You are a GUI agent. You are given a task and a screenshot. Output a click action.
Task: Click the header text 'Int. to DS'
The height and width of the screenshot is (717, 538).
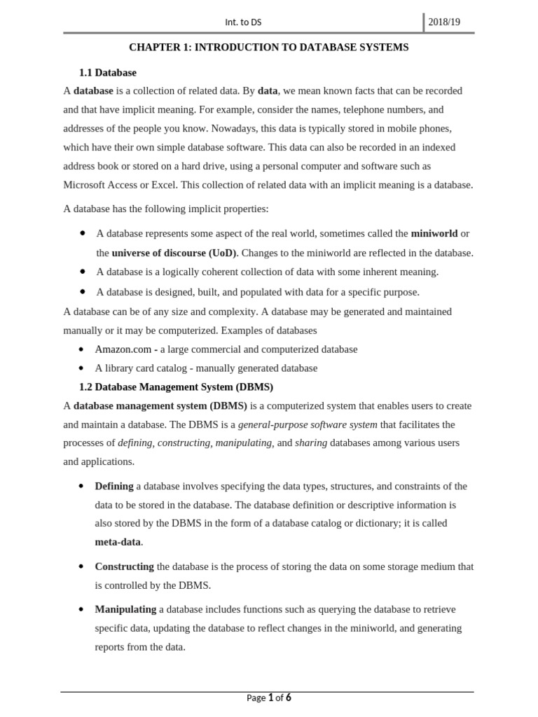[244, 22]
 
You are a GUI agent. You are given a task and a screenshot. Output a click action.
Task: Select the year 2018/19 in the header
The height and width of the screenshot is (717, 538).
[444, 22]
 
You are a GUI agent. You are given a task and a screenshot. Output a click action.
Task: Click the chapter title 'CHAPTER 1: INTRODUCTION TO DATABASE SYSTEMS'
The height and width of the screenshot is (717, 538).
[268, 48]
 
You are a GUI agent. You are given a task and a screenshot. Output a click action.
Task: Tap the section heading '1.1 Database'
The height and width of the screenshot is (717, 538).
[108, 72]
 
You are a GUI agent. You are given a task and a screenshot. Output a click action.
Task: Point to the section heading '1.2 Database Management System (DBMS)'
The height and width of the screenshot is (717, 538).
[176, 387]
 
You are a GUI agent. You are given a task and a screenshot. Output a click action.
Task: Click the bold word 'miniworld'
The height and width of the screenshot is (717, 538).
[434, 233]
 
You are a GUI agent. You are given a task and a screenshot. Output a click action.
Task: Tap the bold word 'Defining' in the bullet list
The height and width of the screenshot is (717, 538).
[114, 486]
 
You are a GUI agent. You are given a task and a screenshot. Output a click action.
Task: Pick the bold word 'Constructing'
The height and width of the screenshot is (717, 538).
[124, 566]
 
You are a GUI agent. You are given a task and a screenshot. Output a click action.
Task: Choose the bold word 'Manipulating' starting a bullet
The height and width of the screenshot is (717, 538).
[125, 609]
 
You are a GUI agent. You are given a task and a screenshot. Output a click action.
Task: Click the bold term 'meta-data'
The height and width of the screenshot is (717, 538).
[118, 542]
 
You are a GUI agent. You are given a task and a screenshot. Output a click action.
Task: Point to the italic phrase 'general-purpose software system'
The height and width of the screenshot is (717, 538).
[308, 424]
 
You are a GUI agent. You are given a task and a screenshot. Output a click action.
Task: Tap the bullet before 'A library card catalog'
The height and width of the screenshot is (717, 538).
[81, 368]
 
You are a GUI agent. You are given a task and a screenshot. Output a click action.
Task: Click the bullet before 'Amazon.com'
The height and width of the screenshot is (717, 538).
[81, 349]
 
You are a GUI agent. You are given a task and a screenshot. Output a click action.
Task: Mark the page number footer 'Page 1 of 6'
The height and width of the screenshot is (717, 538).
[269, 697]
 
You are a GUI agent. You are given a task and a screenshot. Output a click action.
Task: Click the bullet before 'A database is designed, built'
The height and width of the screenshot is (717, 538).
[83, 291]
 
